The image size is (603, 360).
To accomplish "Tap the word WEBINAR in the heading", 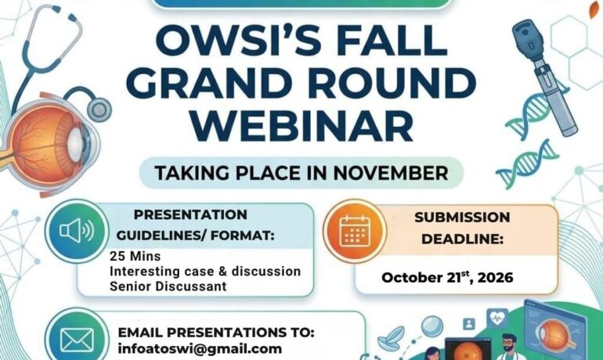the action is [x=301, y=126].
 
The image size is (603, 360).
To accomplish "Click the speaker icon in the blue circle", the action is [x=77, y=231].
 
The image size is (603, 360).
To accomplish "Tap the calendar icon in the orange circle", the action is [x=355, y=231].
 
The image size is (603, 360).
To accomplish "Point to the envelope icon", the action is [x=77, y=340].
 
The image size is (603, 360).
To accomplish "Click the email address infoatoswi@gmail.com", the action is [x=200, y=349].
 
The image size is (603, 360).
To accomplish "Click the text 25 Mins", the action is [x=135, y=256].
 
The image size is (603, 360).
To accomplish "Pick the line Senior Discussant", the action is [x=168, y=286].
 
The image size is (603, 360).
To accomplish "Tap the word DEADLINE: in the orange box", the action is [x=462, y=239].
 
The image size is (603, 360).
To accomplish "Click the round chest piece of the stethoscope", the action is [x=99, y=110].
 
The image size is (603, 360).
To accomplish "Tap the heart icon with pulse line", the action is [x=497, y=318].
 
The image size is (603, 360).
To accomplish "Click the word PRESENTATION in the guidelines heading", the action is [x=190, y=214].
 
